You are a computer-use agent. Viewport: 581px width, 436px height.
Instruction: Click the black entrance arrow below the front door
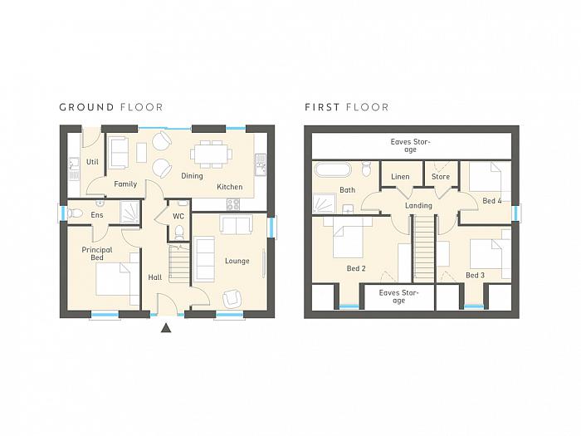tap(166, 328)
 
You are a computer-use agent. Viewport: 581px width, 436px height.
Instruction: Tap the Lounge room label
tap(237, 261)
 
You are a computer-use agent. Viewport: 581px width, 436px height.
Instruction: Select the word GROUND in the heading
tap(86, 107)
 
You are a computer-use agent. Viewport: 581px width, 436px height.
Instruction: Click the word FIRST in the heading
tap(322, 107)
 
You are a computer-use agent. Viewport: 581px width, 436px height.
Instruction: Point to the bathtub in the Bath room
tap(332, 169)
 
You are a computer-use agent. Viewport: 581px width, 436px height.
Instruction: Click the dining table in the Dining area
tap(212, 154)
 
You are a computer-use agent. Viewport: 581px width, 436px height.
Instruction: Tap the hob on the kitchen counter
tap(233, 204)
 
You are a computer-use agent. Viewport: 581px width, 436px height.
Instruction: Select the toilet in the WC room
tap(179, 232)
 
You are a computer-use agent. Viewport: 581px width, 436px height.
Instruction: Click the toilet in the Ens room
tap(75, 213)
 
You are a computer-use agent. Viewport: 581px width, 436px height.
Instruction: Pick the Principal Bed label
tap(97, 253)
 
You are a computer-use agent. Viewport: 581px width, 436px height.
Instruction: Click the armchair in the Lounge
tap(232, 298)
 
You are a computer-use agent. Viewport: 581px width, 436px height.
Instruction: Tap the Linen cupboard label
tap(400, 177)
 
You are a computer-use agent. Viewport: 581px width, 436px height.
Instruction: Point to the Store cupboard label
tap(441, 177)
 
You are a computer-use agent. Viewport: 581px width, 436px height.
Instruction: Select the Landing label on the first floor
tap(418, 206)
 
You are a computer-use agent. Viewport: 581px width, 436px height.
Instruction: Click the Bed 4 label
tap(492, 201)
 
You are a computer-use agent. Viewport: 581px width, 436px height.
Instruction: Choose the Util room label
tap(92, 162)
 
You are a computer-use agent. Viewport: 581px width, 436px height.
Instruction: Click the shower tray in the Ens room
tap(129, 213)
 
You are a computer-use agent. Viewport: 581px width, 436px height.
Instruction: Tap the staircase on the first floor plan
tap(423, 248)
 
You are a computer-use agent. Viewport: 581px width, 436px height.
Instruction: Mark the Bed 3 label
tap(475, 276)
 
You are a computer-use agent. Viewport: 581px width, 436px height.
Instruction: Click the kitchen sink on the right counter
tap(261, 164)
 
